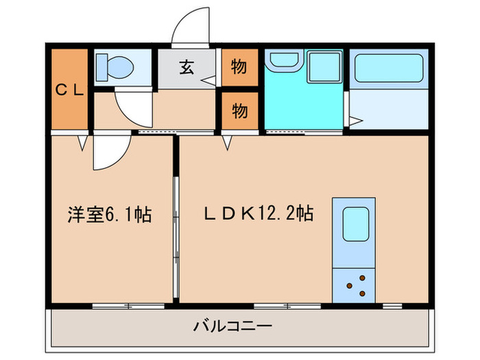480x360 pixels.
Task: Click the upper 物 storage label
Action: point(239,67)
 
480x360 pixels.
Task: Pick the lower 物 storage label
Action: point(239,110)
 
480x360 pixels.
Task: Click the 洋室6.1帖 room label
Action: point(109,215)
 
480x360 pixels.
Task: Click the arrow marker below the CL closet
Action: point(82,143)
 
